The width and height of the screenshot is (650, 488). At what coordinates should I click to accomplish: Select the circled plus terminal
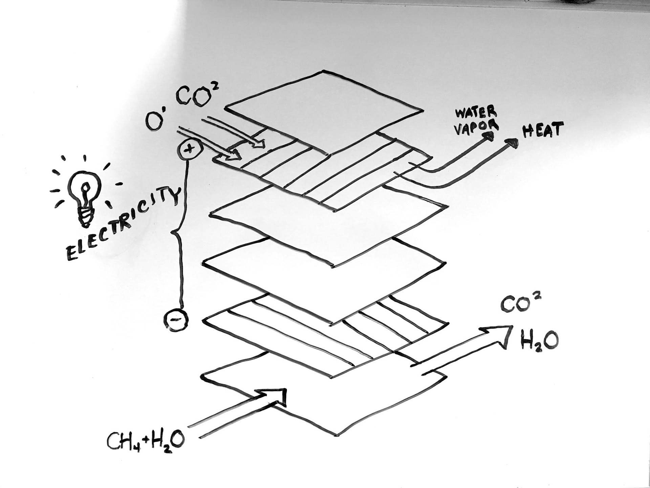pyautogui.click(x=190, y=148)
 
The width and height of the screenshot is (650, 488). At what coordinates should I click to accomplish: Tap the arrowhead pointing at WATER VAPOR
pyautogui.click(x=489, y=136)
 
